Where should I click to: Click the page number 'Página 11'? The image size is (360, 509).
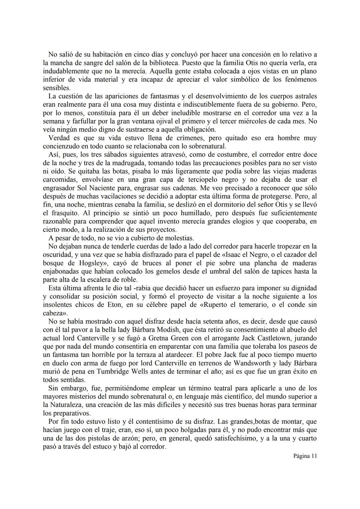(x=305, y=456)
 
